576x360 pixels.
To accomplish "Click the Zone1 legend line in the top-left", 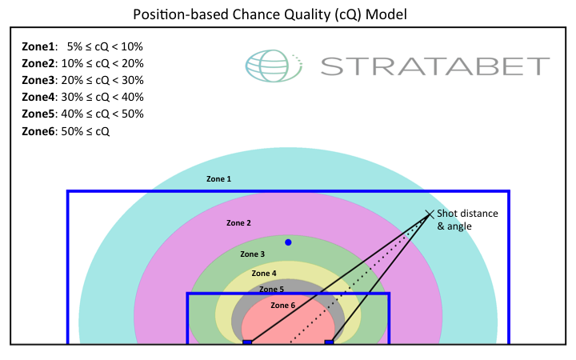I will click(82, 46).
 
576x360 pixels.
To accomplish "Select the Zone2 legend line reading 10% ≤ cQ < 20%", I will click(82, 63).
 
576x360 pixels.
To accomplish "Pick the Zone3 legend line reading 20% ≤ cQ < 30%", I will click(82, 80).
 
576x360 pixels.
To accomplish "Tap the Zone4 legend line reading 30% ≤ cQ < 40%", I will click(82, 97).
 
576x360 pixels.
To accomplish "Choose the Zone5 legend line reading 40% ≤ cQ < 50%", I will click(82, 114).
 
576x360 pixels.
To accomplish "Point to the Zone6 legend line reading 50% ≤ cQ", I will click(66, 130).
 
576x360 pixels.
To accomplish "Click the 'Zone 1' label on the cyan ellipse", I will click(218, 179).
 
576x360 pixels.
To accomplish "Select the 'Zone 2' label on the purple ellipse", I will click(238, 222).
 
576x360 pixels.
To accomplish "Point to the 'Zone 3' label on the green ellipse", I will click(252, 254).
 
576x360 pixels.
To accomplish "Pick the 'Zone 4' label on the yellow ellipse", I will click(263, 274).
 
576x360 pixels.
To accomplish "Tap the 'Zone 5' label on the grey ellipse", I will click(270, 290).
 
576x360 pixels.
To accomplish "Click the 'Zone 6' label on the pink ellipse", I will click(282, 306).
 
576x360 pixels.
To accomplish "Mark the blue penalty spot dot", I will click(288, 242).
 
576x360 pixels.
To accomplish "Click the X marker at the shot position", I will click(430, 214).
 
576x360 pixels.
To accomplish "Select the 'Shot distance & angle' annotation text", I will click(467, 220).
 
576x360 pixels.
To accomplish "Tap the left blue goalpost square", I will click(247, 342).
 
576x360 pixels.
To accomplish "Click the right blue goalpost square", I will click(329, 342).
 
